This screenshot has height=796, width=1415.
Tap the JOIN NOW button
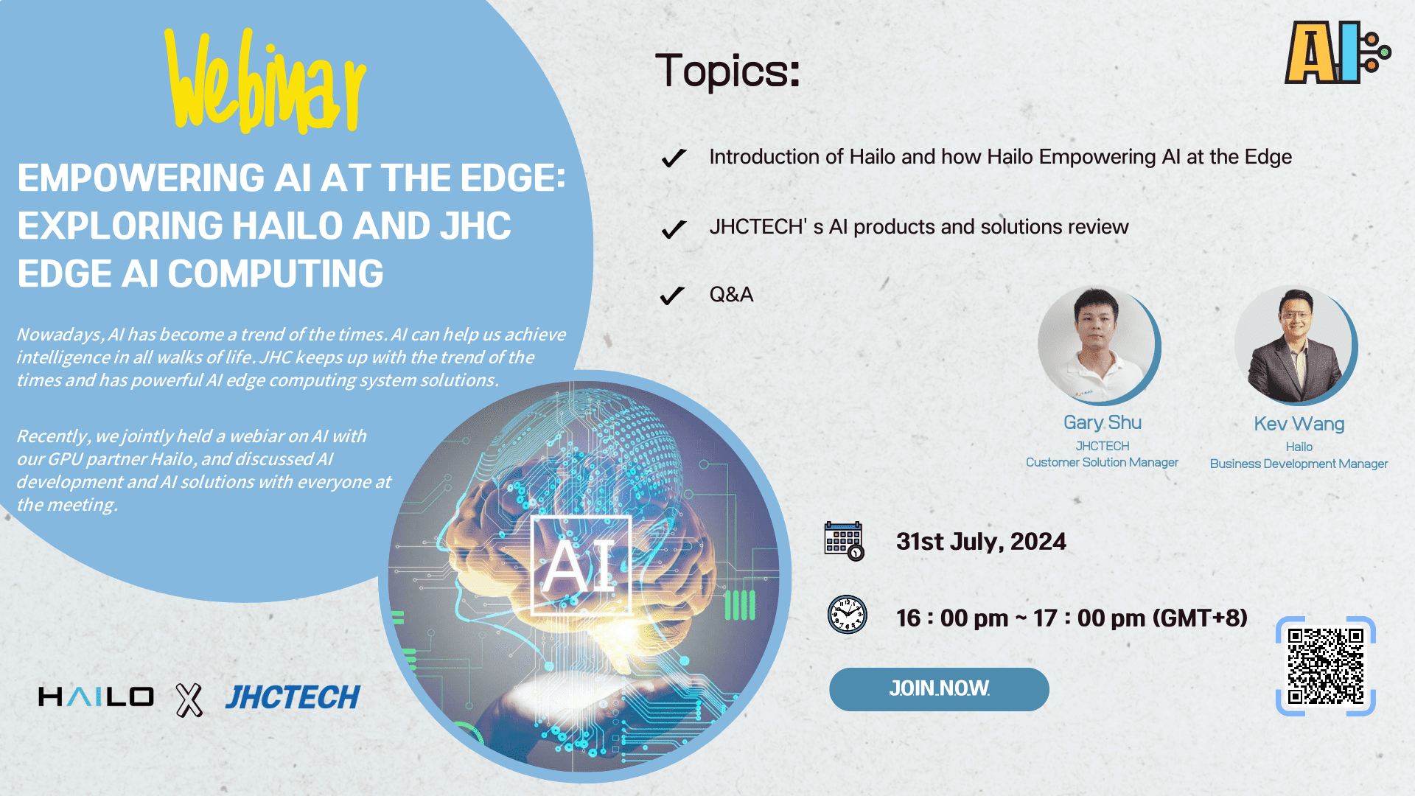pos(939,689)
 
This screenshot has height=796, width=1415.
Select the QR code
pos(1325,666)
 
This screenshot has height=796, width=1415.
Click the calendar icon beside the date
pos(844,541)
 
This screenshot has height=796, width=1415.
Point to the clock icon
pos(848,615)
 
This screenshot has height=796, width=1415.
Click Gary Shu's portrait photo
pos(1097,345)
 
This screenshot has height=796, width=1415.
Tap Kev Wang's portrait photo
pos(1295,345)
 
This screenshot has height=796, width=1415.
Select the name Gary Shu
pos(1102,422)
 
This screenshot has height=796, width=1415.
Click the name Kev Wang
pos(1299,424)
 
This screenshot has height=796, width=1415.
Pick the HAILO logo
pos(96,697)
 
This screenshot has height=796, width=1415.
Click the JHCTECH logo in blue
pos(293,697)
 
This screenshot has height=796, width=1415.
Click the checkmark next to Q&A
pos(672,296)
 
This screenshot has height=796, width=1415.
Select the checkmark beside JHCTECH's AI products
pos(674,228)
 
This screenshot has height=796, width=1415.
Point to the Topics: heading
pos(727,71)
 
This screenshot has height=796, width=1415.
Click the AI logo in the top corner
pos(1336,53)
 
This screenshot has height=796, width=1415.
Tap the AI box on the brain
pos(581,565)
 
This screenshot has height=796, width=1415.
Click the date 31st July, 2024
pos(981,542)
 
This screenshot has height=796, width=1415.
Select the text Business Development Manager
pos(1299,464)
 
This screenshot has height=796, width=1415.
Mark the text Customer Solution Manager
pos(1102,462)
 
